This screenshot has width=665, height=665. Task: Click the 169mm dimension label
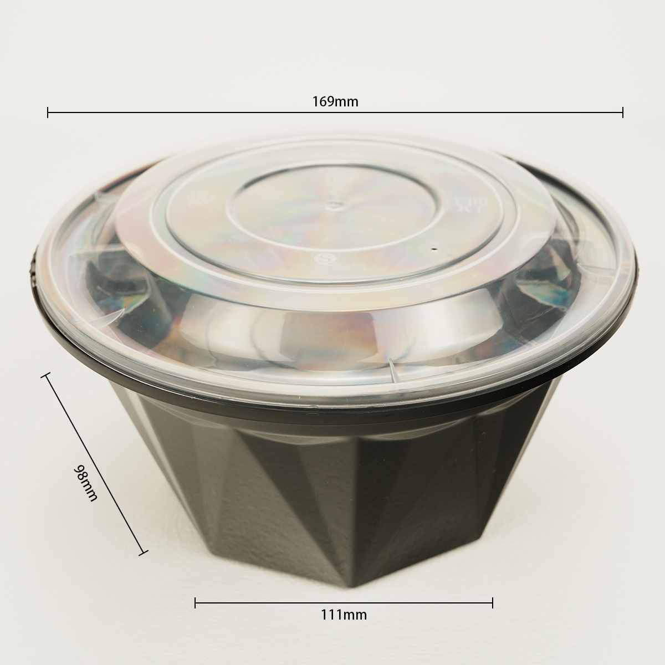tap(335, 102)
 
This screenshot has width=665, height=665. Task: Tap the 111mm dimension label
tap(344, 615)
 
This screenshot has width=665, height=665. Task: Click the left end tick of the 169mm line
tap(48, 112)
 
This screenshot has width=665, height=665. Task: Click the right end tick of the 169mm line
tap(622, 112)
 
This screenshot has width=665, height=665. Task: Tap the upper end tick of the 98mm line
tap(45, 375)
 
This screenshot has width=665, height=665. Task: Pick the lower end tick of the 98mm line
tap(143, 553)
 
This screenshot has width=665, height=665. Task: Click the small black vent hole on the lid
tap(435, 248)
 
